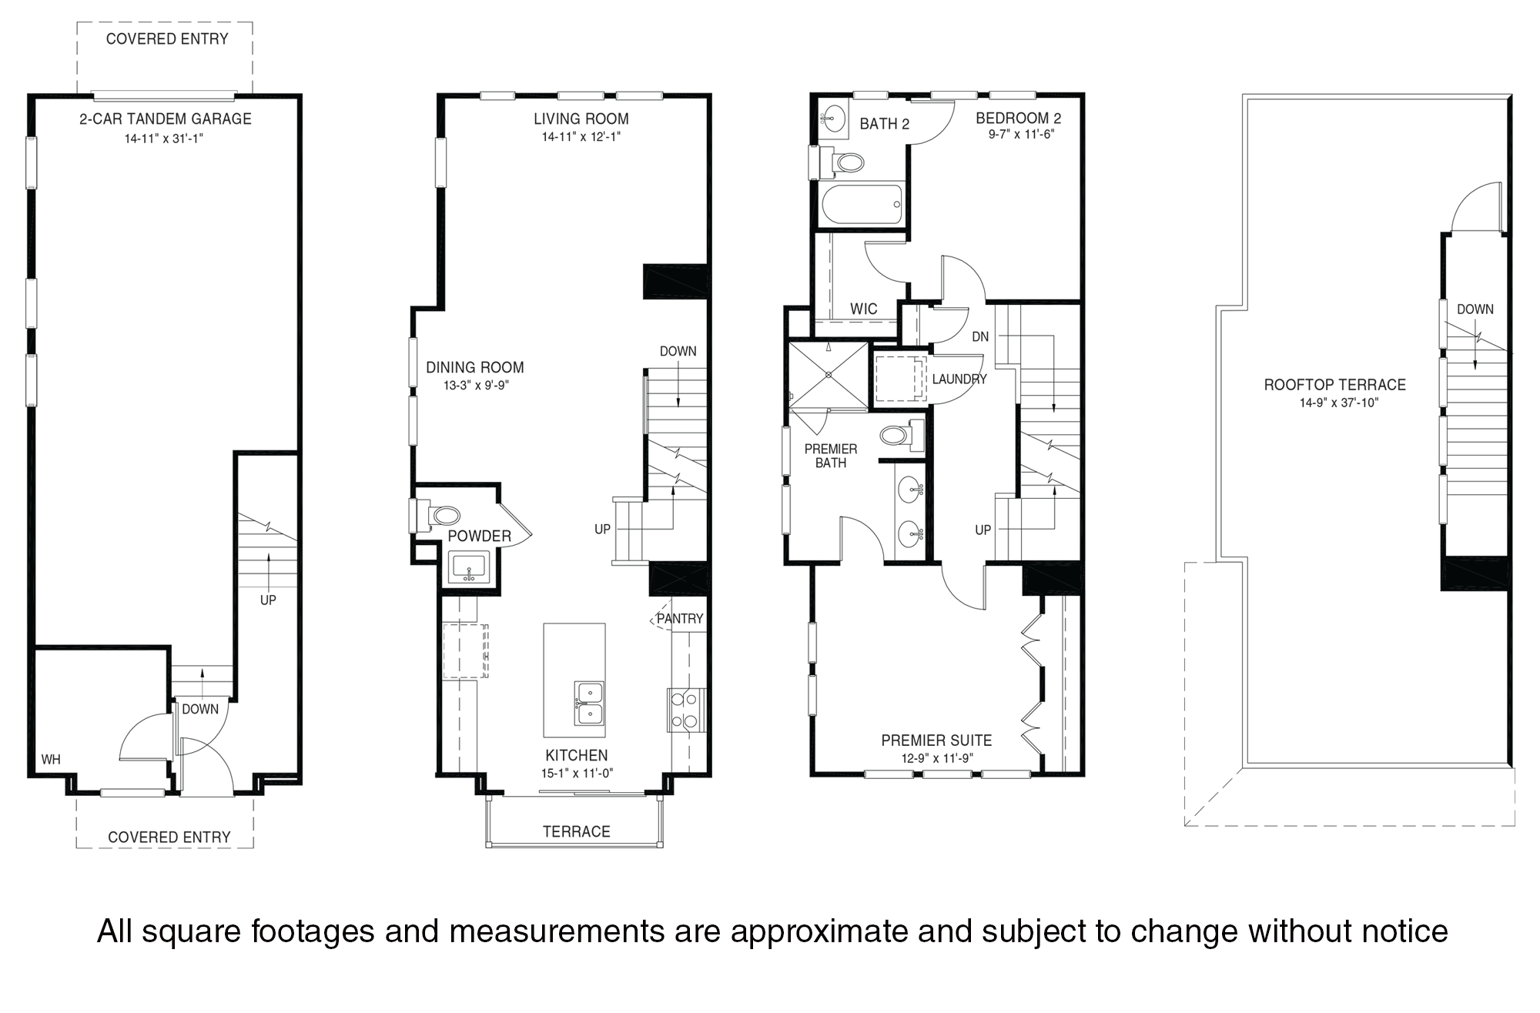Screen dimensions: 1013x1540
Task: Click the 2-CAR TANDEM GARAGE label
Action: (x=165, y=119)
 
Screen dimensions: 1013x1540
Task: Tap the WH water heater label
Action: (x=51, y=760)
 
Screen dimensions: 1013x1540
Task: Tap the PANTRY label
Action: (x=680, y=618)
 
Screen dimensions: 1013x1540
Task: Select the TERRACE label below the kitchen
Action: (x=576, y=831)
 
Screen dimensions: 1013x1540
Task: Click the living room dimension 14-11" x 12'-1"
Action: (x=581, y=137)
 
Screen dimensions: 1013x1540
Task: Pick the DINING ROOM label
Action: (x=475, y=367)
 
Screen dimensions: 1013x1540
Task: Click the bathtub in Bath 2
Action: (x=862, y=204)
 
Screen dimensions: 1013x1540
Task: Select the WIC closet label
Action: (x=863, y=309)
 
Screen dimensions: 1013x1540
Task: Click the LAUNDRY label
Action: (x=959, y=379)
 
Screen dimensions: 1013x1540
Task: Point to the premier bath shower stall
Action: (x=829, y=375)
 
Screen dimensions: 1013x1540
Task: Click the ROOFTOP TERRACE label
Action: (x=1334, y=384)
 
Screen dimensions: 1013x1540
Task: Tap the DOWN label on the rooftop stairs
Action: (x=1475, y=309)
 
